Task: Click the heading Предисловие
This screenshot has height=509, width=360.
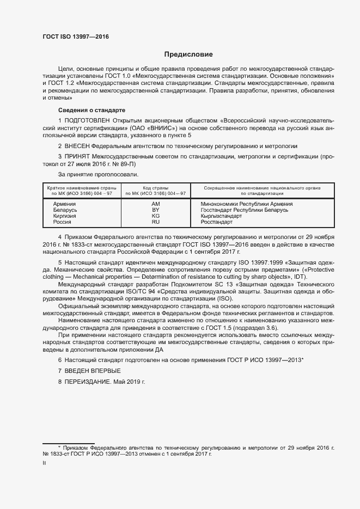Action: click(x=188, y=54)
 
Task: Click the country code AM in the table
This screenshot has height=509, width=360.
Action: click(x=155, y=203)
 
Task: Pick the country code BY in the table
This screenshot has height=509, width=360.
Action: click(x=155, y=209)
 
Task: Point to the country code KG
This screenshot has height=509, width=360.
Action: click(x=155, y=216)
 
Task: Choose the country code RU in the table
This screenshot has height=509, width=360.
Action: click(x=155, y=222)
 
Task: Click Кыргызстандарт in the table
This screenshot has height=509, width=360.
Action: click(x=219, y=216)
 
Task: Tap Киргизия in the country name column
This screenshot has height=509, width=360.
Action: click(x=64, y=216)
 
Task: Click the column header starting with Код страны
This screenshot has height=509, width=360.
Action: click(x=155, y=190)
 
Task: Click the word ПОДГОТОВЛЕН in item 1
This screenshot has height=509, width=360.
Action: click(x=88, y=120)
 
